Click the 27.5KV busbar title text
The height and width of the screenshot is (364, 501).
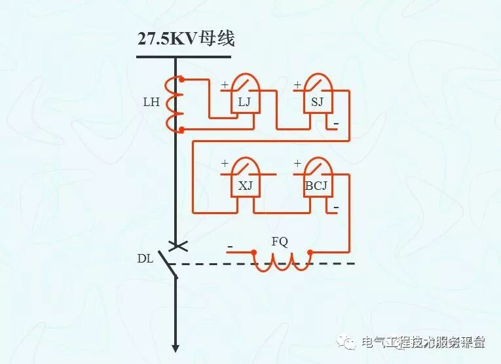click(x=185, y=39)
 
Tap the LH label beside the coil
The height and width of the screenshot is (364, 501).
click(x=151, y=103)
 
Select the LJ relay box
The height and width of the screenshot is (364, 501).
click(x=245, y=98)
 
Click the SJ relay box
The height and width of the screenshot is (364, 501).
click(x=317, y=98)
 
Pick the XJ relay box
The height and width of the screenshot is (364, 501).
click(x=245, y=183)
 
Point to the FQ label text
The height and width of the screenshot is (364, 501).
click(x=280, y=242)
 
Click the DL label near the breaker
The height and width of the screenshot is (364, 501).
click(x=145, y=258)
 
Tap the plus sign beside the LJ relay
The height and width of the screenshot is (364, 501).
click(x=225, y=84)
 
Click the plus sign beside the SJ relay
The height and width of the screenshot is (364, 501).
click(x=297, y=84)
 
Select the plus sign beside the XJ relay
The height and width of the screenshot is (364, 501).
click(x=225, y=164)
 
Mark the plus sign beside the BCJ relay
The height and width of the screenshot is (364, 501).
click(x=297, y=164)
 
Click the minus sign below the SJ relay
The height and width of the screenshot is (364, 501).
click(x=336, y=124)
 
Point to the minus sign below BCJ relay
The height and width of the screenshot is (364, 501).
click(x=336, y=208)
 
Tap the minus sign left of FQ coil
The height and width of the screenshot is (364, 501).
click(x=230, y=247)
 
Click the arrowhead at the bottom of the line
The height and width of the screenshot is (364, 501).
click(x=176, y=347)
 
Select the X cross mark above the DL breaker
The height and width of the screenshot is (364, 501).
click(x=176, y=246)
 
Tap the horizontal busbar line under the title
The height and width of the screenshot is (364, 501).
click(x=183, y=57)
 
